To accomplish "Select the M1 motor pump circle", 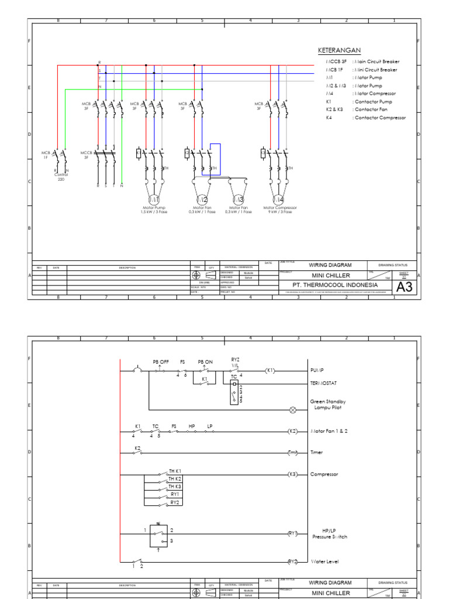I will (154, 198).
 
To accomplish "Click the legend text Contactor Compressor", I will (379, 118).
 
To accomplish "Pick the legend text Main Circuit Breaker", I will (376, 61).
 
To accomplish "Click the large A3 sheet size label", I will (404, 287).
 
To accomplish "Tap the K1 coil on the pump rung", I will (270, 370).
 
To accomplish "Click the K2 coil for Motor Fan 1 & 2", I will (293, 431).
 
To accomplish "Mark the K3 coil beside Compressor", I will (293, 474).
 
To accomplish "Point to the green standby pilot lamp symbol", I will (293, 410).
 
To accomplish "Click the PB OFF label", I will (160, 362).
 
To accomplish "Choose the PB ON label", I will (205, 362).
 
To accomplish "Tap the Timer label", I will (316, 452).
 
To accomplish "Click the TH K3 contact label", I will (175, 486).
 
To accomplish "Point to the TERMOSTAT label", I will (324, 383).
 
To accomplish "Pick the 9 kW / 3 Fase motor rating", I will (280, 212).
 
